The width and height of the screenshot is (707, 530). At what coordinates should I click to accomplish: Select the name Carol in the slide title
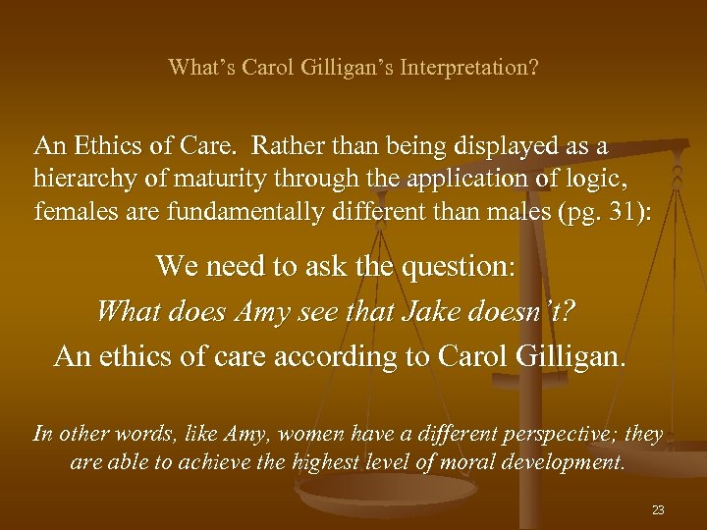[268, 68]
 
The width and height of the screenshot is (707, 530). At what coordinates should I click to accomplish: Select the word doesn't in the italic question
[537, 312]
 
